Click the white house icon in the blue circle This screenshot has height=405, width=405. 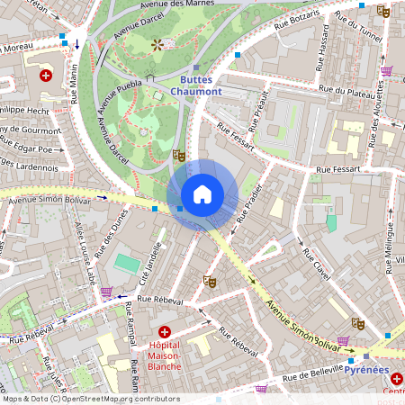point(202,194)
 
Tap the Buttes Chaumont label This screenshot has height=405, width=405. point(195,85)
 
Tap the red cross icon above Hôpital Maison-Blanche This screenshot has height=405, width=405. point(164,332)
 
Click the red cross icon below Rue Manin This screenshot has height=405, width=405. point(45,76)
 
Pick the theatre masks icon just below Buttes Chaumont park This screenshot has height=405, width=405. point(178,155)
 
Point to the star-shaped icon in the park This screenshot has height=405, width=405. point(158,43)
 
